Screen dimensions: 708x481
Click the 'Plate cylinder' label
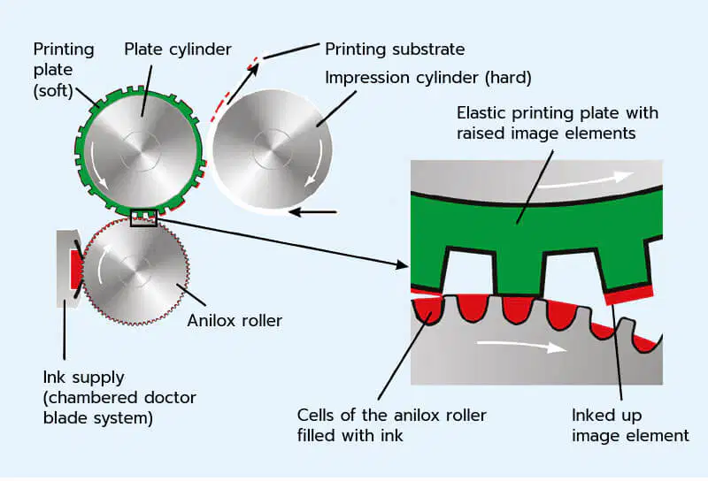178,50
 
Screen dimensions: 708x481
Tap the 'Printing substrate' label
395,50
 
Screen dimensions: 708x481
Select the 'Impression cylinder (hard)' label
428,78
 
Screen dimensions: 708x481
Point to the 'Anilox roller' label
235,320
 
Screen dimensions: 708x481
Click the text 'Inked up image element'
630,425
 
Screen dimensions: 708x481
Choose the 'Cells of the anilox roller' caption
391,415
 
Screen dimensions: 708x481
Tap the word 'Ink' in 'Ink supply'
52,377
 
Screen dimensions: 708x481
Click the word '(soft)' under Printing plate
53,91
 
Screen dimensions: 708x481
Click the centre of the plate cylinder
141,152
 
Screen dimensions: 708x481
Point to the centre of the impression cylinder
273,149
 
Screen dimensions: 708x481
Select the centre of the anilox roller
135,271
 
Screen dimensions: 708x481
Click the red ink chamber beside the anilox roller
76,270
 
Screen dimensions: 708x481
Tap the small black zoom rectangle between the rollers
143,218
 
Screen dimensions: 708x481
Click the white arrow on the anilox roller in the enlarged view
521,345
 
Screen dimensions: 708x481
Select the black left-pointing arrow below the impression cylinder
313,211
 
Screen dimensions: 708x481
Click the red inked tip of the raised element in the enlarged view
629,294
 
